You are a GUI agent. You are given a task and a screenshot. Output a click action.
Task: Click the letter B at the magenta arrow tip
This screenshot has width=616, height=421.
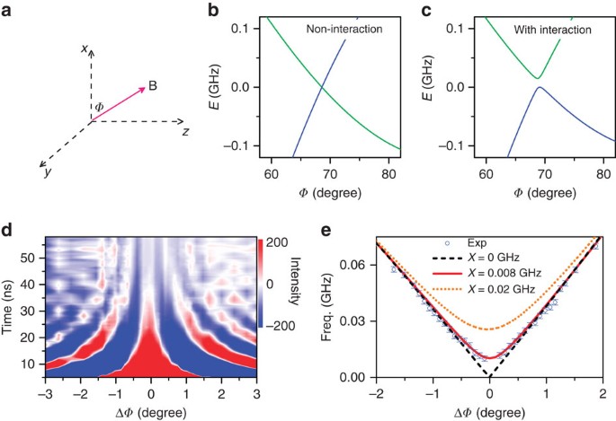tap(153, 86)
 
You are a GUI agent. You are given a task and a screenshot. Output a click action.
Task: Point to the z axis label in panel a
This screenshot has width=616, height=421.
tap(185, 130)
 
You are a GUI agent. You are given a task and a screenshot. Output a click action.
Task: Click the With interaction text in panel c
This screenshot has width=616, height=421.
tap(553, 30)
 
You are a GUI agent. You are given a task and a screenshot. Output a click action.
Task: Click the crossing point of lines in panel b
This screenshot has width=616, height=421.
tap(321, 86)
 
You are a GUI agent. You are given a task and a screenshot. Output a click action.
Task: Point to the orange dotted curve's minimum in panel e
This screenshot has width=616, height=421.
tap(489, 329)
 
